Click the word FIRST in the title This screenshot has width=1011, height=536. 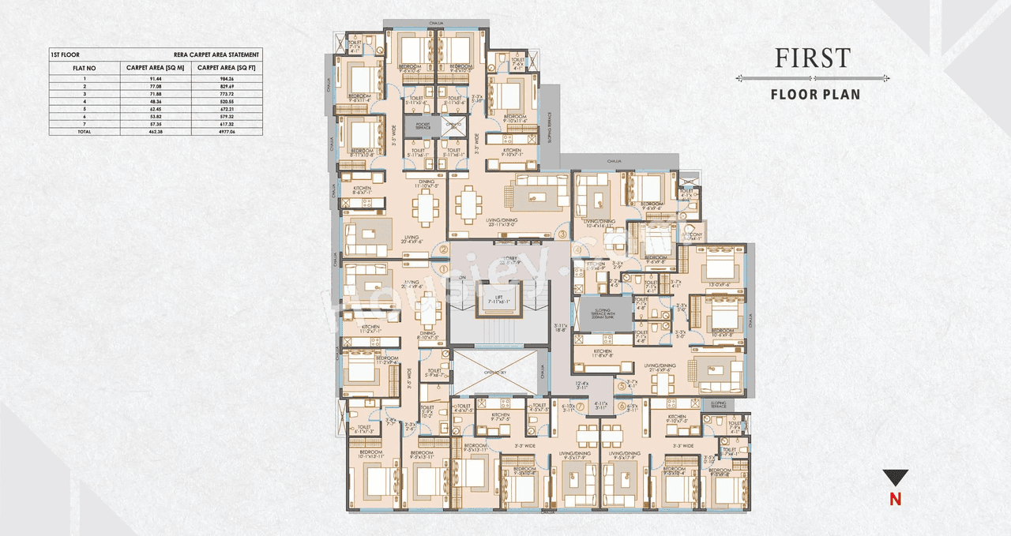click(x=812, y=58)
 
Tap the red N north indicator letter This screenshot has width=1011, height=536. click(x=895, y=499)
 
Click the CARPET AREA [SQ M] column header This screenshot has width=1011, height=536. click(x=155, y=68)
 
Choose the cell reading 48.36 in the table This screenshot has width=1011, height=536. click(x=155, y=101)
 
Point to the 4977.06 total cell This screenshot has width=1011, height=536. click(x=227, y=131)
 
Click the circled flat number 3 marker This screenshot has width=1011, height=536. click(x=562, y=234)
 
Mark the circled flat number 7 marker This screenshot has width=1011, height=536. click(x=581, y=407)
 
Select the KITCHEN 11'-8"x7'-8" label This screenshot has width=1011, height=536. click(x=602, y=353)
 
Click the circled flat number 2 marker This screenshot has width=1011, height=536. click(x=444, y=250)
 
